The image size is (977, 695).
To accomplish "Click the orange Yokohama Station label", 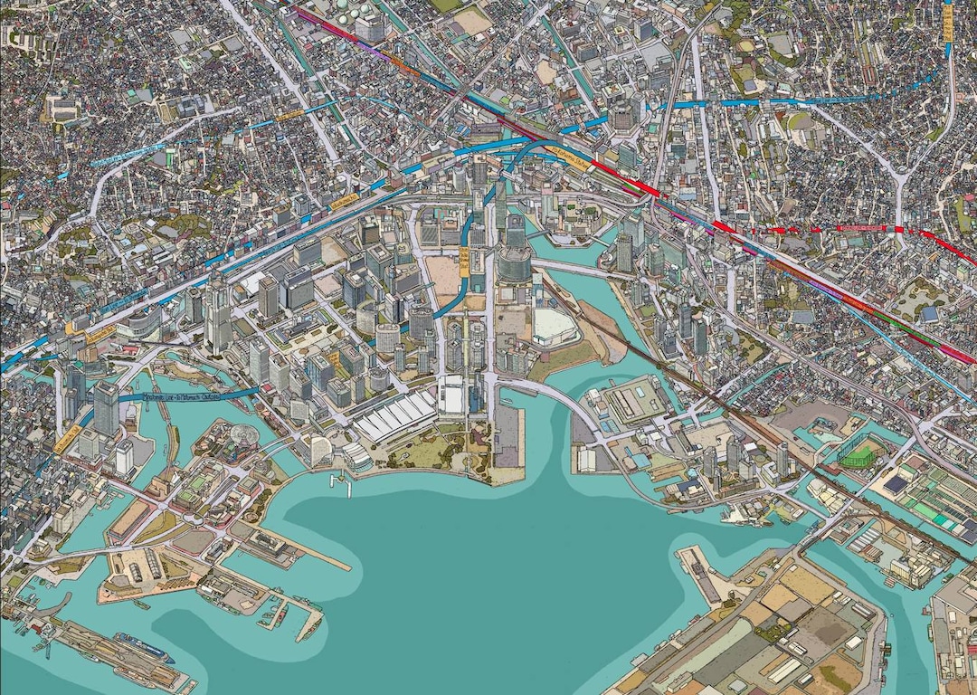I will click(565, 155).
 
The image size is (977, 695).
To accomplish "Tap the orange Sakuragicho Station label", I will click(100, 334).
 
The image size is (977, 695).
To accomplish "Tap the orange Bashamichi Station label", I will click(68, 439).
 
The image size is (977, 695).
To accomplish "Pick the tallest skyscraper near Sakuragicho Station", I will click(217, 312).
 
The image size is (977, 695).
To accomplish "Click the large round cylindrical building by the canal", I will click(514, 263).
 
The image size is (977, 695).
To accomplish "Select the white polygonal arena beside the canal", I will click(555, 326).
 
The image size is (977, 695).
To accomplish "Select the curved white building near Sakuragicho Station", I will click(145, 322).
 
